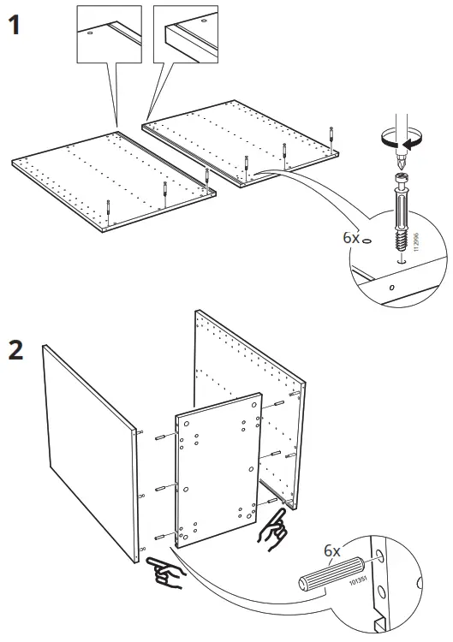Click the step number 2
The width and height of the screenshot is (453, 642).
(x=16, y=352)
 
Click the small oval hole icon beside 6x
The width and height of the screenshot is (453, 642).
(x=367, y=241)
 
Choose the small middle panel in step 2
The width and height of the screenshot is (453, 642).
(x=218, y=467)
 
